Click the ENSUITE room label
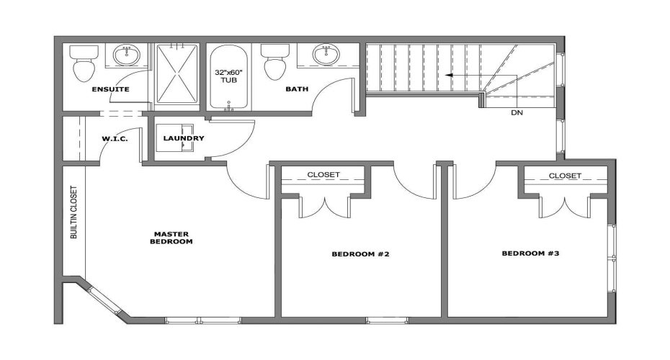click(x=110, y=89)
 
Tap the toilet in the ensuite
click(x=84, y=63)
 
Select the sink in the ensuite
click(x=130, y=54)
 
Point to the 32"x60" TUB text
click(x=228, y=77)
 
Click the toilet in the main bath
click(x=274, y=64)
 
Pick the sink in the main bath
click(x=326, y=54)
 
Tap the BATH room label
click(x=297, y=89)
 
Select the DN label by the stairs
click(x=517, y=112)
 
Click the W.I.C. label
click(x=115, y=138)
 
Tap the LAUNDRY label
click(x=184, y=138)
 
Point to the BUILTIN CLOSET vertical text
click(x=73, y=213)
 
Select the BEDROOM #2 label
click(x=361, y=254)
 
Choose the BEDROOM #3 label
click(x=531, y=253)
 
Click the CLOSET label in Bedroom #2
click(x=323, y=174)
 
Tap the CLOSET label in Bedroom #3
click(x=565, y=175)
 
